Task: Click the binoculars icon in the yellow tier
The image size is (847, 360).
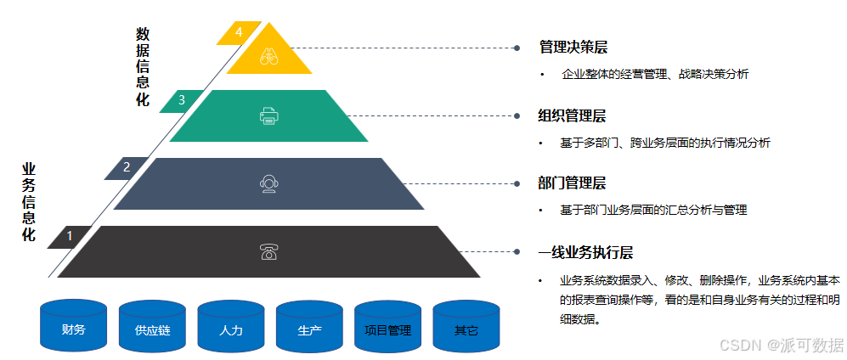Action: [x=268, y=57]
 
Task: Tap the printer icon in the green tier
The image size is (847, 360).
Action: [x=268, y=115]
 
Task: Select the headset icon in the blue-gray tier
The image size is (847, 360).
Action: [x=268, y=183]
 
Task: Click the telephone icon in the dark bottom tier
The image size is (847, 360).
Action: [x=268, y=251]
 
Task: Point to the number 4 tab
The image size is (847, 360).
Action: [x=239, y=32]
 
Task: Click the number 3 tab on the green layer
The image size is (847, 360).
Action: [x=181, y=100]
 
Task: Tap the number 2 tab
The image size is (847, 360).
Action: [x=127, y=167]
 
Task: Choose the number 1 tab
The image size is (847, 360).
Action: [x=70, y=236]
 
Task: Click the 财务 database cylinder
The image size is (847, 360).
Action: [x=73, y=326]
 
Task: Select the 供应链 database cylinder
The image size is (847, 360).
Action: [x=152, y=326]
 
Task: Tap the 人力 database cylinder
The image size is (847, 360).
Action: [x=230, y=326]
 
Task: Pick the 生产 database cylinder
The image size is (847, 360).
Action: [x=309, y=326]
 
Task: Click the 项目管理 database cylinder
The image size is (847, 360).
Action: [x=387, y=326]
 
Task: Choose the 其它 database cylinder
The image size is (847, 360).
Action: [x=466, y=326]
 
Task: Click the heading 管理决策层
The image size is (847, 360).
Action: [x=573, y=47]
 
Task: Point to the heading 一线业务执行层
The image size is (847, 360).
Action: [x=585, y=252]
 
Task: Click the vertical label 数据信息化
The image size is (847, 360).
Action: [x=143, y=67]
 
